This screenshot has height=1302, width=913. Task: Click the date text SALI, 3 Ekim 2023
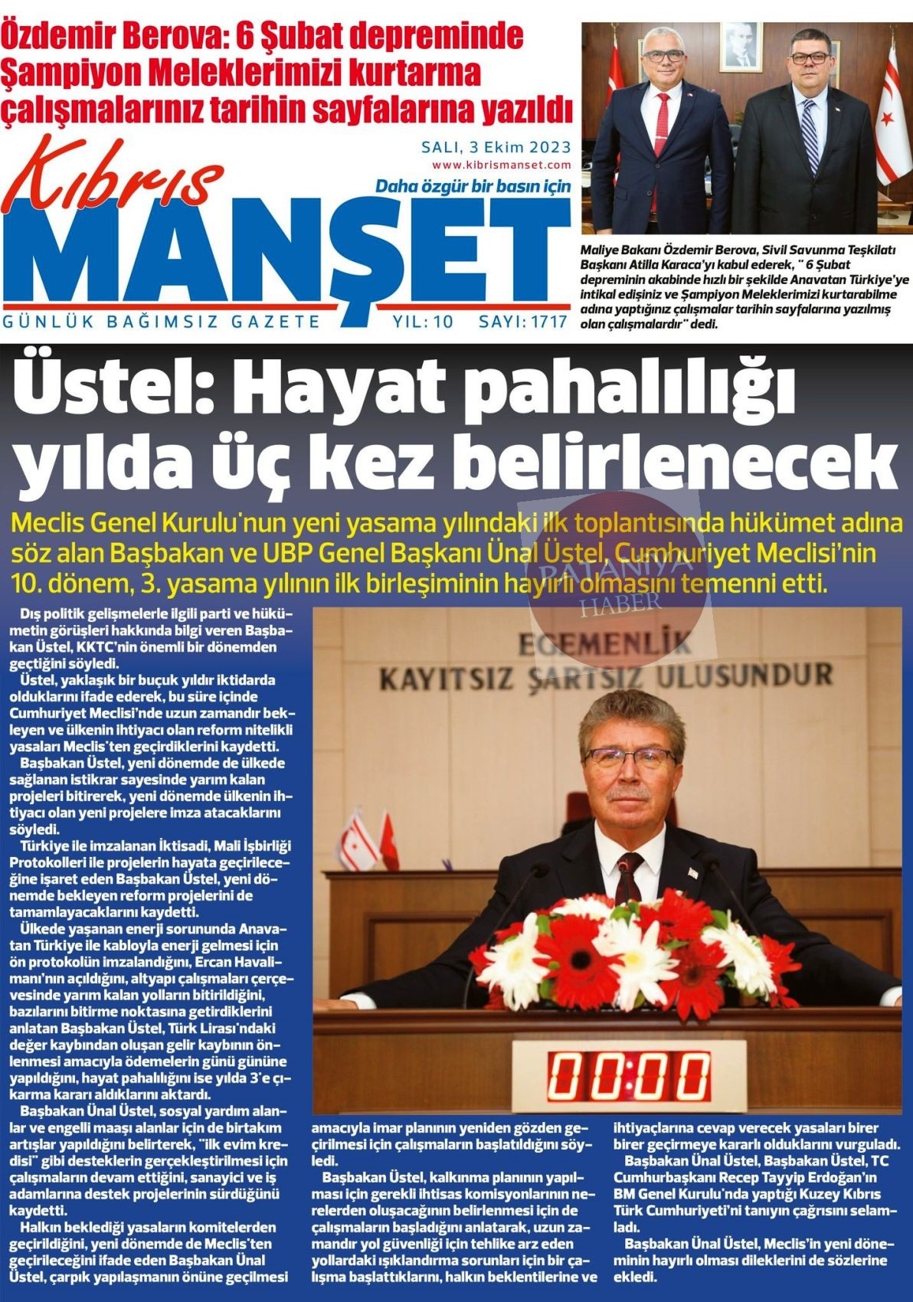pos(496,146)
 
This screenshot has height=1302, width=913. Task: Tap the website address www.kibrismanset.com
pos(501,165)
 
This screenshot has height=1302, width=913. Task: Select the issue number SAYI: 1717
pos(523,322)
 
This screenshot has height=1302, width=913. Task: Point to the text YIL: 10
pos(423,322)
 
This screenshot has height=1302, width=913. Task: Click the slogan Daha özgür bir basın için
pos(473,187)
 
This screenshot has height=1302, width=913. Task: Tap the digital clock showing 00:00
pos(628,1075)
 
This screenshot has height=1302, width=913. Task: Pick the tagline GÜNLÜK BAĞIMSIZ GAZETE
pos(162,322)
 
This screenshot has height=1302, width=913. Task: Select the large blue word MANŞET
pos(287,253)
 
